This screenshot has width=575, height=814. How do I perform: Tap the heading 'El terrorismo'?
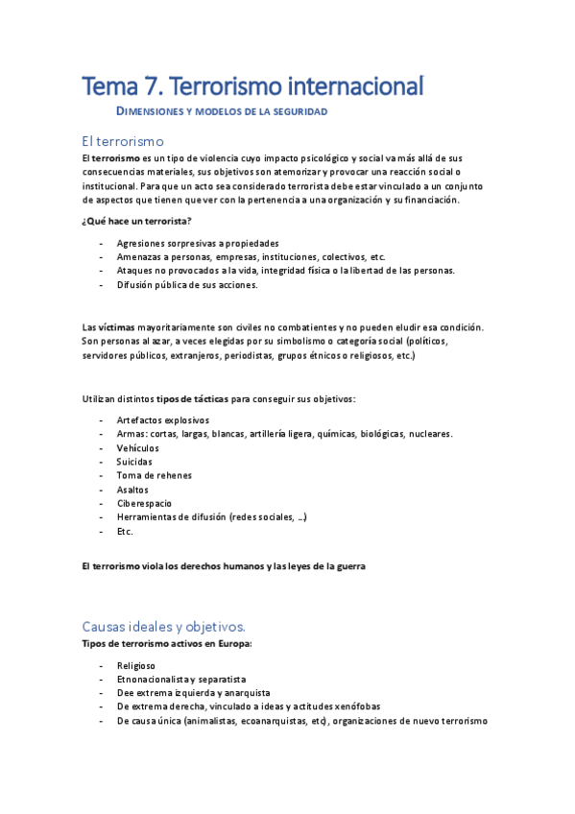pos(124,141)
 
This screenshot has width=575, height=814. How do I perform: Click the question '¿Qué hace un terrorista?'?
pos(136,222)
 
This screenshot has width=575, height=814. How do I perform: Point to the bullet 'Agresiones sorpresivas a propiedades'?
pos(198,243)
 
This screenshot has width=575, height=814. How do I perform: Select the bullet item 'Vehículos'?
pos(138,447)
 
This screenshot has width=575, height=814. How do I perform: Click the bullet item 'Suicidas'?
pos(134,462)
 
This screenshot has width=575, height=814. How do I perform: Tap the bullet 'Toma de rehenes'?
pos(154,475)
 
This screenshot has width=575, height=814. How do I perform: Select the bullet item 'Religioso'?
pos(136,665)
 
